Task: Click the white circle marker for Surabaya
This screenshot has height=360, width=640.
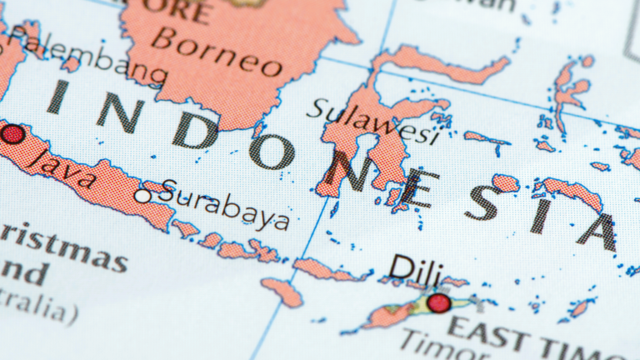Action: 143,197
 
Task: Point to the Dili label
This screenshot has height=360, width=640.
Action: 416,268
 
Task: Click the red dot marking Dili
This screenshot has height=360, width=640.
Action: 438,302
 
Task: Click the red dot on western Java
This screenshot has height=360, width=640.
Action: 12,133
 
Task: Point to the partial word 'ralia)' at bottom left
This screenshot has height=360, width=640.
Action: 37,310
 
